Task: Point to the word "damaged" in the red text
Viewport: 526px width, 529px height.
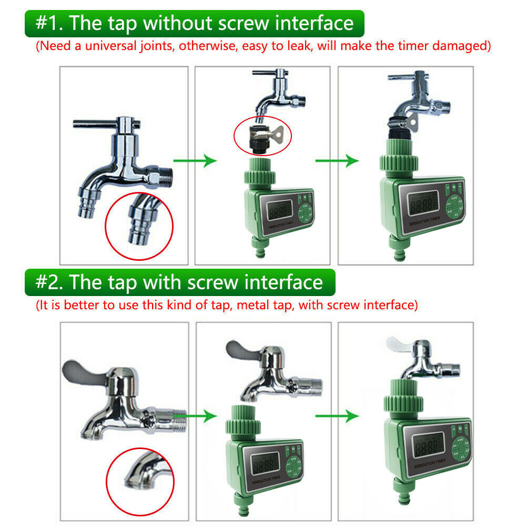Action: (x=464, y=46)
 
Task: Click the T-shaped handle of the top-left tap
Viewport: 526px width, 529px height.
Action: (x=105, y=125)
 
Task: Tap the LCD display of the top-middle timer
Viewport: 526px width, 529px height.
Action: (x=279, y=210)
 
